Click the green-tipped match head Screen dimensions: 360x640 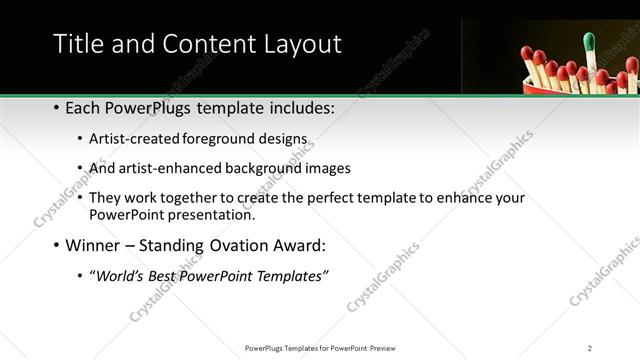tap(589, 41)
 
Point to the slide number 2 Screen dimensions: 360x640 tap(590, 348)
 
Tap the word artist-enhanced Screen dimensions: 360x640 tap(167, 168)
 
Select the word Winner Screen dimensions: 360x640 tap(95, 245)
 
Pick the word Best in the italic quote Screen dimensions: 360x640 tap(164, 276)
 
